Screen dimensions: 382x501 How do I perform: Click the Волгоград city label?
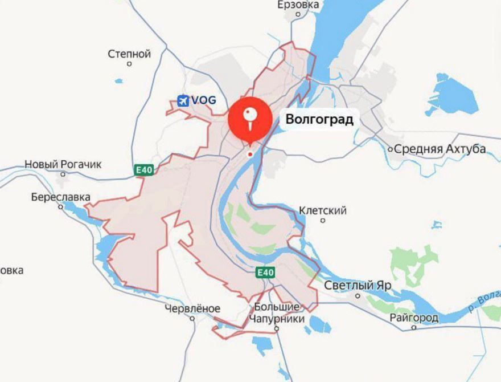(x=319, y=120)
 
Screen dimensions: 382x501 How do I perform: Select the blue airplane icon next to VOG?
(x=183, y=100)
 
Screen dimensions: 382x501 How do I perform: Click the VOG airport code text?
(x=203, y=100)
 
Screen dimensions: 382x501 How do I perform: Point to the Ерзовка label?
(x=298, y=5)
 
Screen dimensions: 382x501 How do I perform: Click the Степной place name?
(x=129, y=54)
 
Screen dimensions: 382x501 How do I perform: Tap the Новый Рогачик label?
(x=63, y=164)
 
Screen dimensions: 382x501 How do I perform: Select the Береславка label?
(x=61, y=197)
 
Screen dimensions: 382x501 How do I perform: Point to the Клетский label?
(x=323, y=210)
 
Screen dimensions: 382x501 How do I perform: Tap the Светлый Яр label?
(x=358, y=285)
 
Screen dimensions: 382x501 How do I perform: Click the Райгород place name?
(x=414, y=318)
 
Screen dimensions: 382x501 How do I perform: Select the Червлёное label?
(x=192, y=308)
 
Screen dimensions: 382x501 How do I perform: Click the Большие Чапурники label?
(x=279, y=313)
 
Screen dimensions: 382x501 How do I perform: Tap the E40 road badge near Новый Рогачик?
(x=144, y=169)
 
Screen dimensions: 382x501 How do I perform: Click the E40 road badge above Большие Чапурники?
(x=265, y=273)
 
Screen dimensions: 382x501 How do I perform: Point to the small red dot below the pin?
(x=249, y=155)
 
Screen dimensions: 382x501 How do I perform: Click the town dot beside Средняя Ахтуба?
(x=391, y=150)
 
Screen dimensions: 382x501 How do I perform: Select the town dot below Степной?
(x=129, y=64)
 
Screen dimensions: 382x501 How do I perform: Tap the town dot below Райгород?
(x=414, y=327)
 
